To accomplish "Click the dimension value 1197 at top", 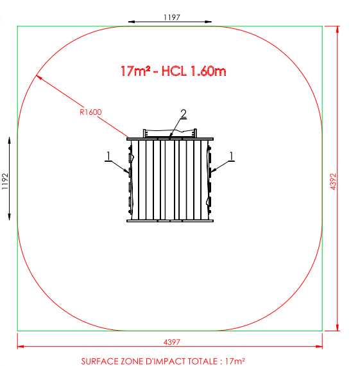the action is pos(172,17).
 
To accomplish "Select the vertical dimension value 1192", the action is pos(5,181).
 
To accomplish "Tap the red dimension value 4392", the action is pos(334,182).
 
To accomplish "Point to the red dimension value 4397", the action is pos(172,342).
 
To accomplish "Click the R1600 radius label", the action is pos(90,112).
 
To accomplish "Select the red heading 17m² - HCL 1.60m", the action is pos(173,71).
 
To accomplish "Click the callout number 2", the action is pos(184,114).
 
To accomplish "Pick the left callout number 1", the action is pos(108,156).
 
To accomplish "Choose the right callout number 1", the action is pos(231,156).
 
